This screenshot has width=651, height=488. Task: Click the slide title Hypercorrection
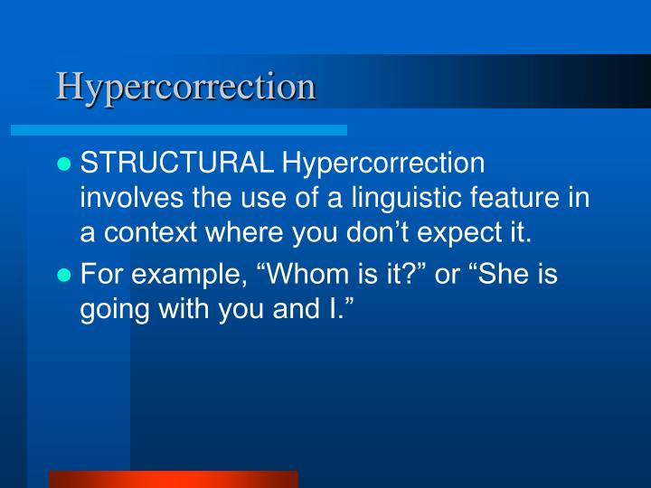point(185,87)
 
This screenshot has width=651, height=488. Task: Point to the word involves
point(123,198)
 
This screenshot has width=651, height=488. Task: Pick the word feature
point(521,198)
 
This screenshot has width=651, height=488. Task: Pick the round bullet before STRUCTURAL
point(63,165)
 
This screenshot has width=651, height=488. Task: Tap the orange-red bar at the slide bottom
point(173,479)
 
